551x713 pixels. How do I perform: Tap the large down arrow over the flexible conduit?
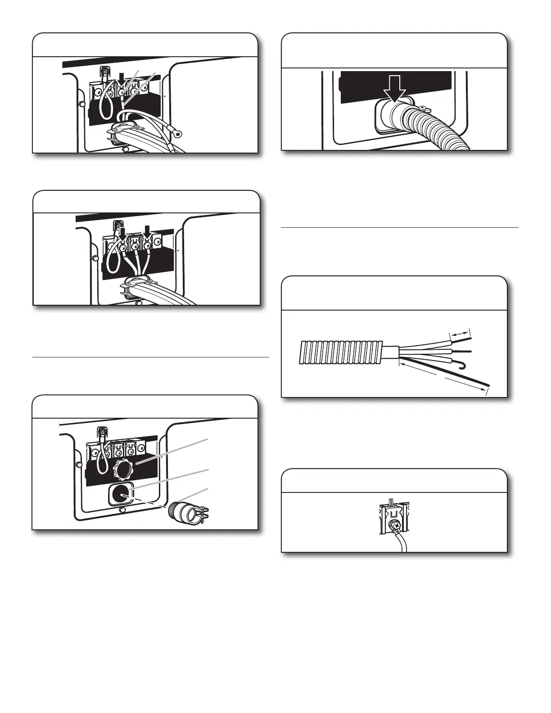pyautogui.click(x=396, y=92)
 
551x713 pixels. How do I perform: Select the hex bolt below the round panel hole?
pyautogui.click(x=122, y=510)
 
